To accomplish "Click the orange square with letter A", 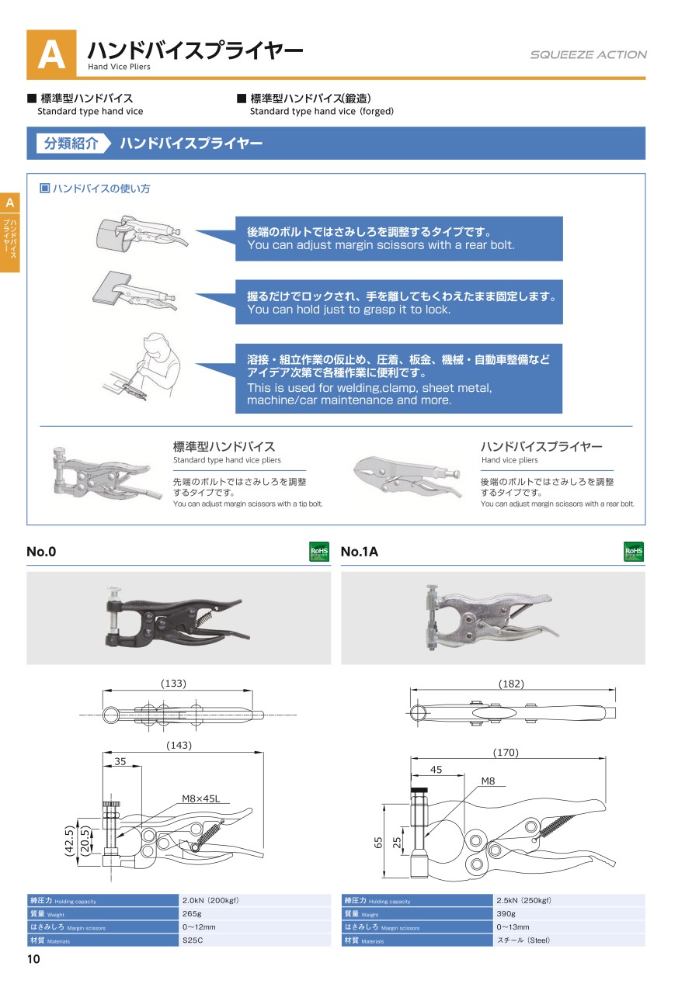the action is [x=51, y=54].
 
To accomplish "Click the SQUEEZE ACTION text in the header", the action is [x=588, y=54].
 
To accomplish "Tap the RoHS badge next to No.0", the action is [x=319, y=551].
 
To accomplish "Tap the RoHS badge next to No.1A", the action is [x=634, y=551].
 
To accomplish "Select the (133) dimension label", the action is [x=173, y=683].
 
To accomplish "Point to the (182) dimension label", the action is [x=511, y=684].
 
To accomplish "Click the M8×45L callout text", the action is [x=200, y=798].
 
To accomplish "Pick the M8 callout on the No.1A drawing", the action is [x=488, y=781].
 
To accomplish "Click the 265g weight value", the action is [x=192, y=913].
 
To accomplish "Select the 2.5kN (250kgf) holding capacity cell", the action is [x=523, y=900].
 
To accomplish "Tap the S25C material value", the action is [x=193, y=940].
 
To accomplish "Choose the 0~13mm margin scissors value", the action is [x=513, y=926].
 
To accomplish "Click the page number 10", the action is [x=33, y=959].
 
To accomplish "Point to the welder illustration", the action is [x=141, y=366].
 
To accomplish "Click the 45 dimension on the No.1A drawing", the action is [x=436, y=769].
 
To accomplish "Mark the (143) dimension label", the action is [x=179, y=745].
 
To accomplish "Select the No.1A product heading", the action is [x=360, y=552].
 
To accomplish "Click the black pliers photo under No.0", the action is [x=177, y=616].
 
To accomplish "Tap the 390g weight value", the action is [x=506, y=913].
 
